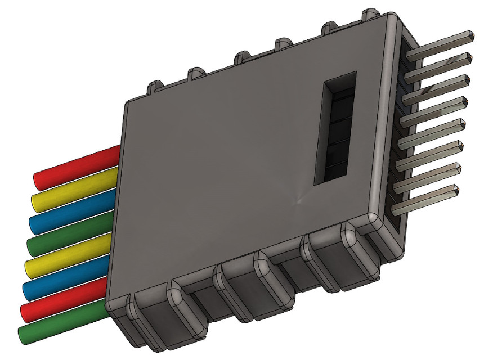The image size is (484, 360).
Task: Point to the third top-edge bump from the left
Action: (x=243, y=57)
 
